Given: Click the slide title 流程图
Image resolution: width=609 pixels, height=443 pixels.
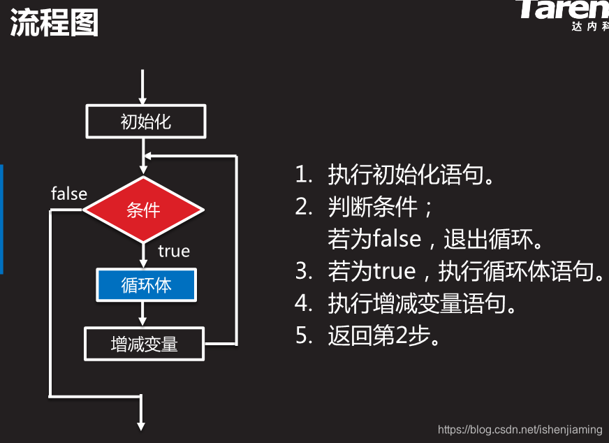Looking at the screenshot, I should coord(54,23).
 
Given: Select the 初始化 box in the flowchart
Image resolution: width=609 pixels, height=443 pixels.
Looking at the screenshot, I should coord(145,122).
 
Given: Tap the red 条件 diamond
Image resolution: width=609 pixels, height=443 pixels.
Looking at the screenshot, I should coord(144,210).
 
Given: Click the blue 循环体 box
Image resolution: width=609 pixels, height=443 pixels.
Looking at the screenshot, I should coord(146,285).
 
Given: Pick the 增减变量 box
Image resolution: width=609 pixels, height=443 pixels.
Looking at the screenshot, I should coord(145,344).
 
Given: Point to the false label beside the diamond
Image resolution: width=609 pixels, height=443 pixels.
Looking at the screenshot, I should coord(69,194).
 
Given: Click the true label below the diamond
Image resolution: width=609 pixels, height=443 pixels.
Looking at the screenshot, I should coord(174,251).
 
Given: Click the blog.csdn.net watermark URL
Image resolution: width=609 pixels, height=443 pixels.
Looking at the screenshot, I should coord(520,428).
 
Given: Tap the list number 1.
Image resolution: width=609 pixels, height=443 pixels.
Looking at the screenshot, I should coord(302,175).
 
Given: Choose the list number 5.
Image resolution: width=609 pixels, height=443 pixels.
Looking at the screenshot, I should coord(302,336).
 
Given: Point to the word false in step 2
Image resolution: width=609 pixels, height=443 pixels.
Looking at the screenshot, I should coord(397,240).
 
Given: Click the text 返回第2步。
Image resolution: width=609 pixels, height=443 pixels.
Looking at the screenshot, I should coord(384,336).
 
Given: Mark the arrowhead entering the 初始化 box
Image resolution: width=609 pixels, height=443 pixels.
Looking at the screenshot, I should coord(142,101).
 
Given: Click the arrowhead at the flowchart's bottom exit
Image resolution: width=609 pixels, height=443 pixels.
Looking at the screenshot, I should coord(142,425).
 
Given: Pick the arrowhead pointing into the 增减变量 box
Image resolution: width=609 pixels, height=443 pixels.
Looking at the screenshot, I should coord(142,322).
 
